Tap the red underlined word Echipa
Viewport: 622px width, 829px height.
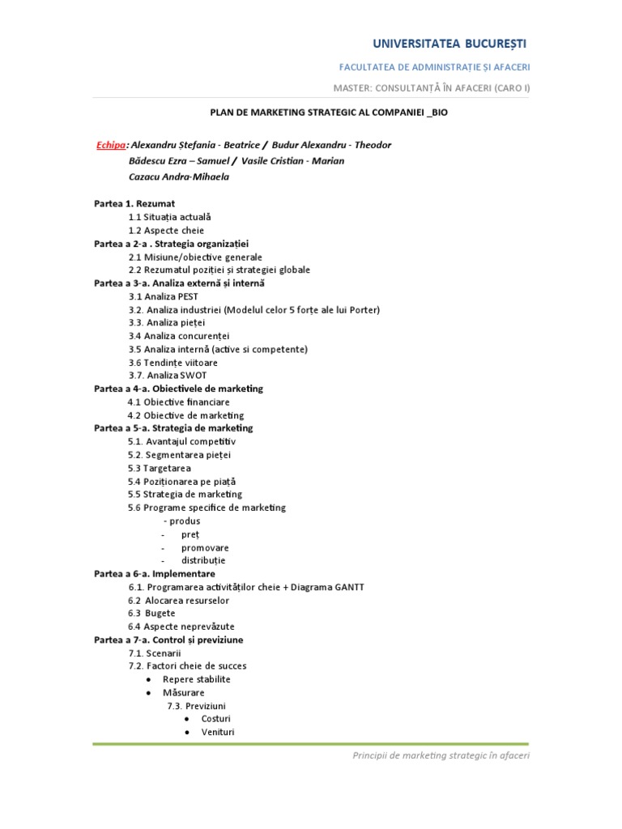(x=110, y=145)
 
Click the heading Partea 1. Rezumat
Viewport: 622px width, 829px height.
(x=134, y=203)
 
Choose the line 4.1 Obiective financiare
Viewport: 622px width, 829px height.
(x=178, y=402)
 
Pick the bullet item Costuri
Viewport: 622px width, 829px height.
(x=215, y=719)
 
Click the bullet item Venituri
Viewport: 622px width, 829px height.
(x=217, y=732)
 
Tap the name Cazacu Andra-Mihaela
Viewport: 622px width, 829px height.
(x=178, y=176)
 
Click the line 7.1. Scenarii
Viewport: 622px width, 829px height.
(x=155, y=653)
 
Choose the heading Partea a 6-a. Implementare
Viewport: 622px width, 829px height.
(x=155, y=573)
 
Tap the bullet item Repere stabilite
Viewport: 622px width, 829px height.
(x=196, y=679)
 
